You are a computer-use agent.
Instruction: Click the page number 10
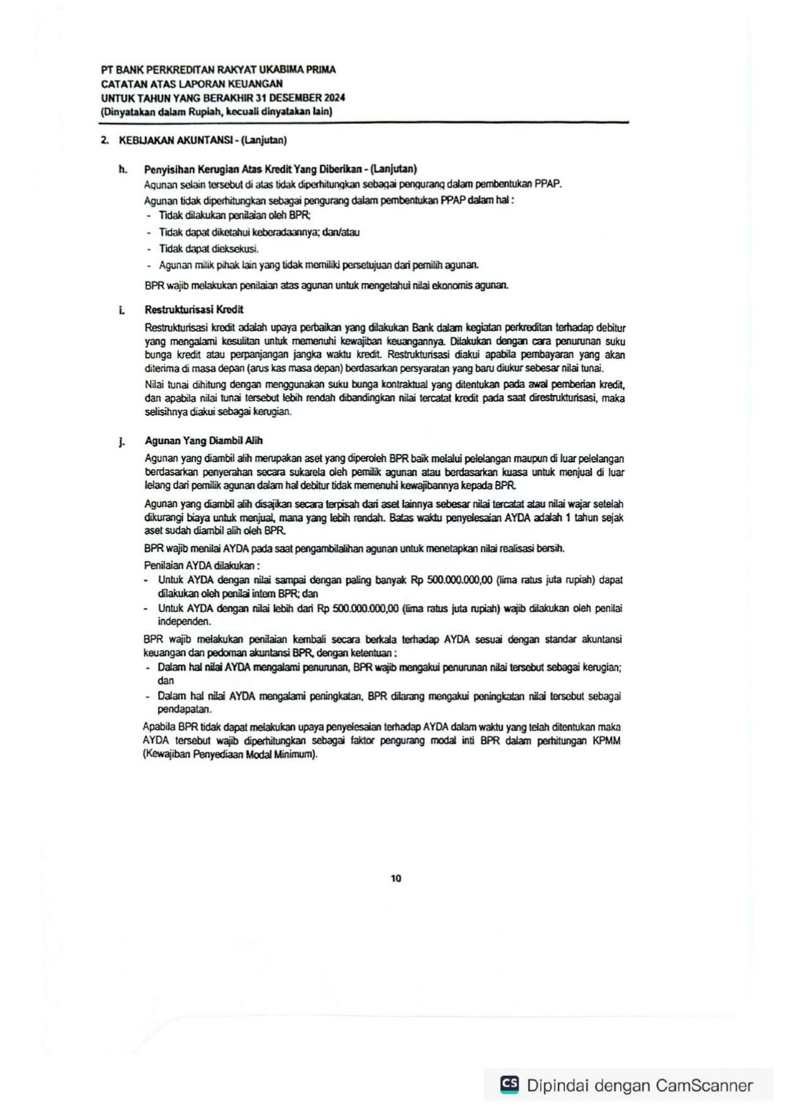click(396, 879)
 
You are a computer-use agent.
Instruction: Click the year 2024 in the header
click(334, 98)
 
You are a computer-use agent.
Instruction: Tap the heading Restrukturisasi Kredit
click(194, 310)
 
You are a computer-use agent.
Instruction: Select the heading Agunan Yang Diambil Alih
click(203, 441)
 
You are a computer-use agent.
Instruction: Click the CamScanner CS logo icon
click(509, 1084)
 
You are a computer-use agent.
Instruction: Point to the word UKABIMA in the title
click(280, 70)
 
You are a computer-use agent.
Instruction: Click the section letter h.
click(122, 169)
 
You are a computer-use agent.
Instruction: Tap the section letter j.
click(122, 442)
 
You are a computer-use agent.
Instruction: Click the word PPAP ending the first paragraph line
click(548, 184)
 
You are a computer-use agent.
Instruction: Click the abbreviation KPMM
click(607, 741)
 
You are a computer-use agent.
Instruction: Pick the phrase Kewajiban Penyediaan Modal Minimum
click(230, 755)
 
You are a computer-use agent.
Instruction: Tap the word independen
click(184, 621)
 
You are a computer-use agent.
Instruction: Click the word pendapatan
click(184, 709)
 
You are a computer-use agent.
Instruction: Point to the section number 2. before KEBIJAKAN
click(105, 140)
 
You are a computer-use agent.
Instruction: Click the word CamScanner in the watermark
click(704, 1085)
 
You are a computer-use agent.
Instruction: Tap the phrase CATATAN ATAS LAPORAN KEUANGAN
click(192, 84)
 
